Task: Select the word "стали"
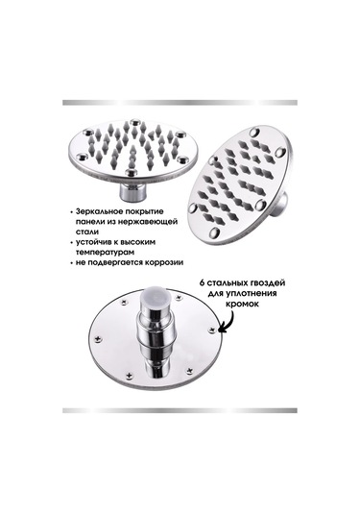(x=86, y=232)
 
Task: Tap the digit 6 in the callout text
(x=202, y=282)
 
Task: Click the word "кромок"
(x=243, y=304)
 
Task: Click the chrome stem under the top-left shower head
(x=130, y=192)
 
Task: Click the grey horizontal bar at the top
(x=180, y=103)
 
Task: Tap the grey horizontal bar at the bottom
(x=180, y=410)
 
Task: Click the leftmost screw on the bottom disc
(x=97, y=339)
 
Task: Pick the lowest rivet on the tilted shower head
(x=214, y=233)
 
